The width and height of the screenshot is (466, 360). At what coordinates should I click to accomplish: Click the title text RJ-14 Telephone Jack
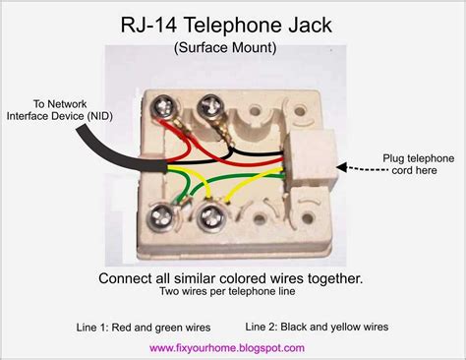tap(233, 23)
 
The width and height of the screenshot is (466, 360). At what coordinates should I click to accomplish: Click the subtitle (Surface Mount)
tap(233, 47)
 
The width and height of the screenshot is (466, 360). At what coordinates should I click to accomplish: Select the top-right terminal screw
tap(209, 105)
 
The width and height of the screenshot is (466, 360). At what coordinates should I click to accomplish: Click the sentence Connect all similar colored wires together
tap(234, 278)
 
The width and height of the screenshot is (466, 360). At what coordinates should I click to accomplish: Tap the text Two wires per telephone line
tap(233, 293)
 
